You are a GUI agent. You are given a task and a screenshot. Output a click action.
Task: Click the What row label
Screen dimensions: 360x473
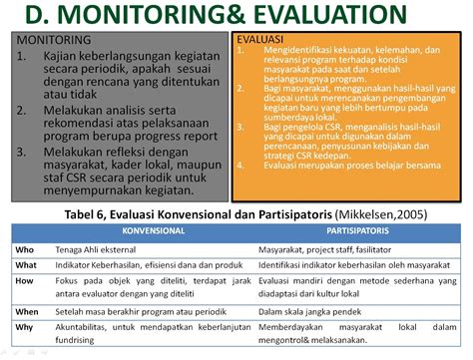(x=28, y=264)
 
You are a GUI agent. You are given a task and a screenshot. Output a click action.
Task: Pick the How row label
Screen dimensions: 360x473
(x=26, y=281)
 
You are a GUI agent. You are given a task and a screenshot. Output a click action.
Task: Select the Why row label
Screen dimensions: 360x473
(x=26, y=328)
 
